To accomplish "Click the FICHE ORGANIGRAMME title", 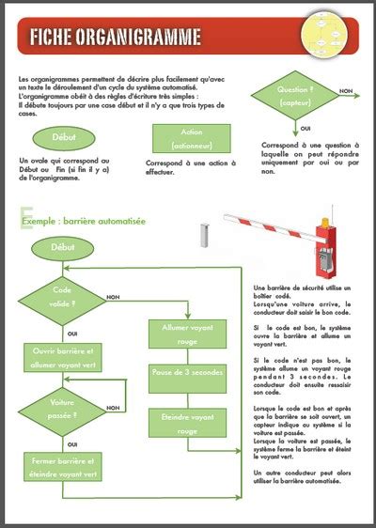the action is [x=115, y=38].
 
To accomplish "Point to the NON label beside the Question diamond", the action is [x=346, y=91].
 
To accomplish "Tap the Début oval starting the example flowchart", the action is [x=64, y=248].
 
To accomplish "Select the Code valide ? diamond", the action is [x=63, y=298].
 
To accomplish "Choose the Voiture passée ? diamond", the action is [x=63, y=409].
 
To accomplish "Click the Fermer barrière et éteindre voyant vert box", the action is [x=64, y=467].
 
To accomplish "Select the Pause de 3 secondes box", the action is [x=187, y=374].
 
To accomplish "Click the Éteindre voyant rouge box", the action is [x=187, y=423].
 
